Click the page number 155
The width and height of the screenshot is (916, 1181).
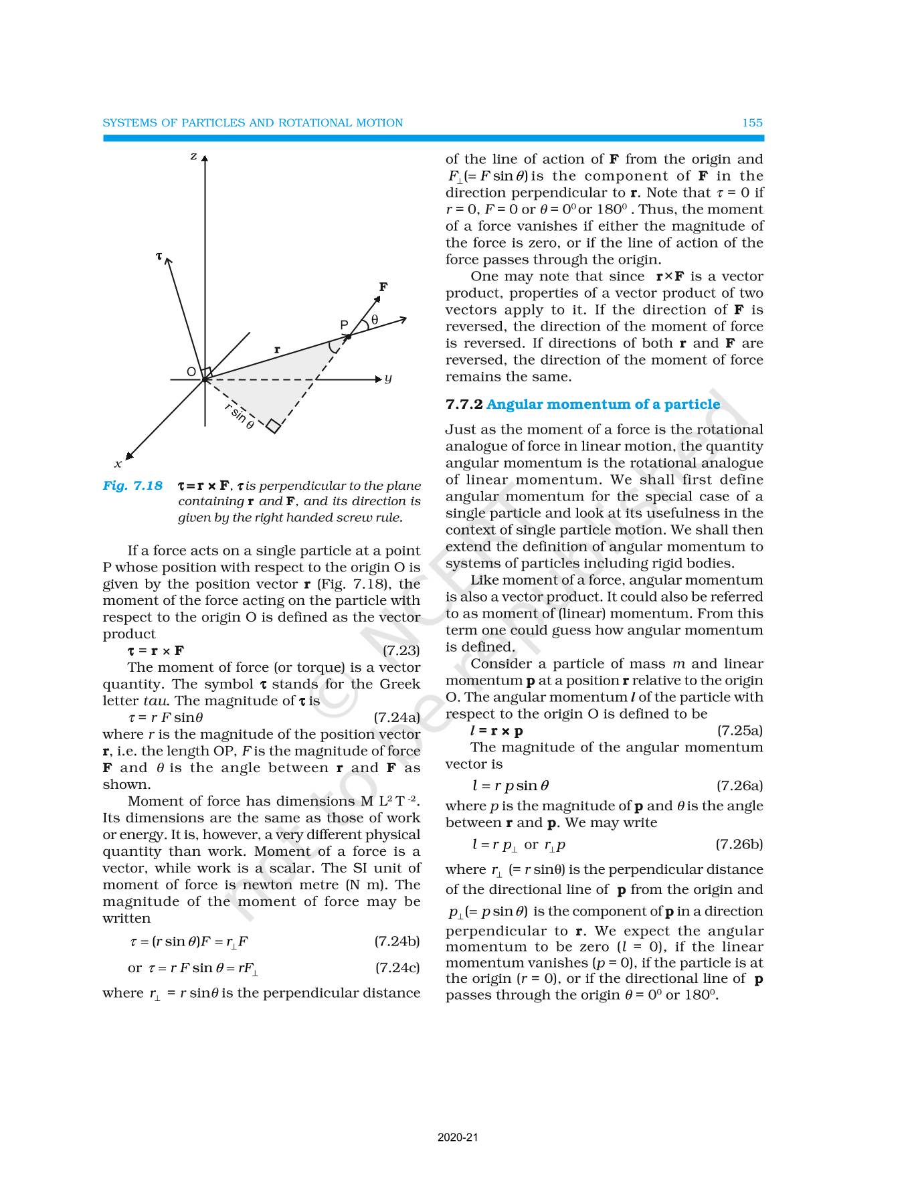(x=752, y=123)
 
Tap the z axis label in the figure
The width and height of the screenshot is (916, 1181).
(x=193, y=157)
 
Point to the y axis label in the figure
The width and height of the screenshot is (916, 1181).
(x=388, y=379)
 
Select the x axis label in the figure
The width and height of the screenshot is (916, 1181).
(x=118, y=464)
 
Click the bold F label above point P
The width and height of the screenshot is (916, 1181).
(x=383, y=287)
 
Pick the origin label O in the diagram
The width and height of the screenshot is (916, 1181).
(x=191, y=372)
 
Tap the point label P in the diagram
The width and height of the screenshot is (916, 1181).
(x=344, y=325)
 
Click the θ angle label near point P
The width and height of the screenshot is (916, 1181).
(x=375, y=320)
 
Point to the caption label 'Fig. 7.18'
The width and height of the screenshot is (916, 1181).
(x=132, y=486)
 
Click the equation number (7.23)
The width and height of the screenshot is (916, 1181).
(x=401, y=650)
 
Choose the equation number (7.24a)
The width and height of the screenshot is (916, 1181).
(x=397, y=717)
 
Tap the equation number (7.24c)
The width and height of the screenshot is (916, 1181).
(x=397, y=968)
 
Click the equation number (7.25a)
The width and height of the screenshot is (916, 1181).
(x=740, y=731)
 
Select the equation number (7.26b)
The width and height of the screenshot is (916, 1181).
(x=739, y=844)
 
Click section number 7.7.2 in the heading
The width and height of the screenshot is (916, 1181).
(x=464, y=404)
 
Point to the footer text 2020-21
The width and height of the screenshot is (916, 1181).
(x=458, y=1137)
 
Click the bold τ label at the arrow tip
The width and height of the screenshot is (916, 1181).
(x=159, y=256)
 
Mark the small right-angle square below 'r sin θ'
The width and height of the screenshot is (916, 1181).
(x=273, y=426)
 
